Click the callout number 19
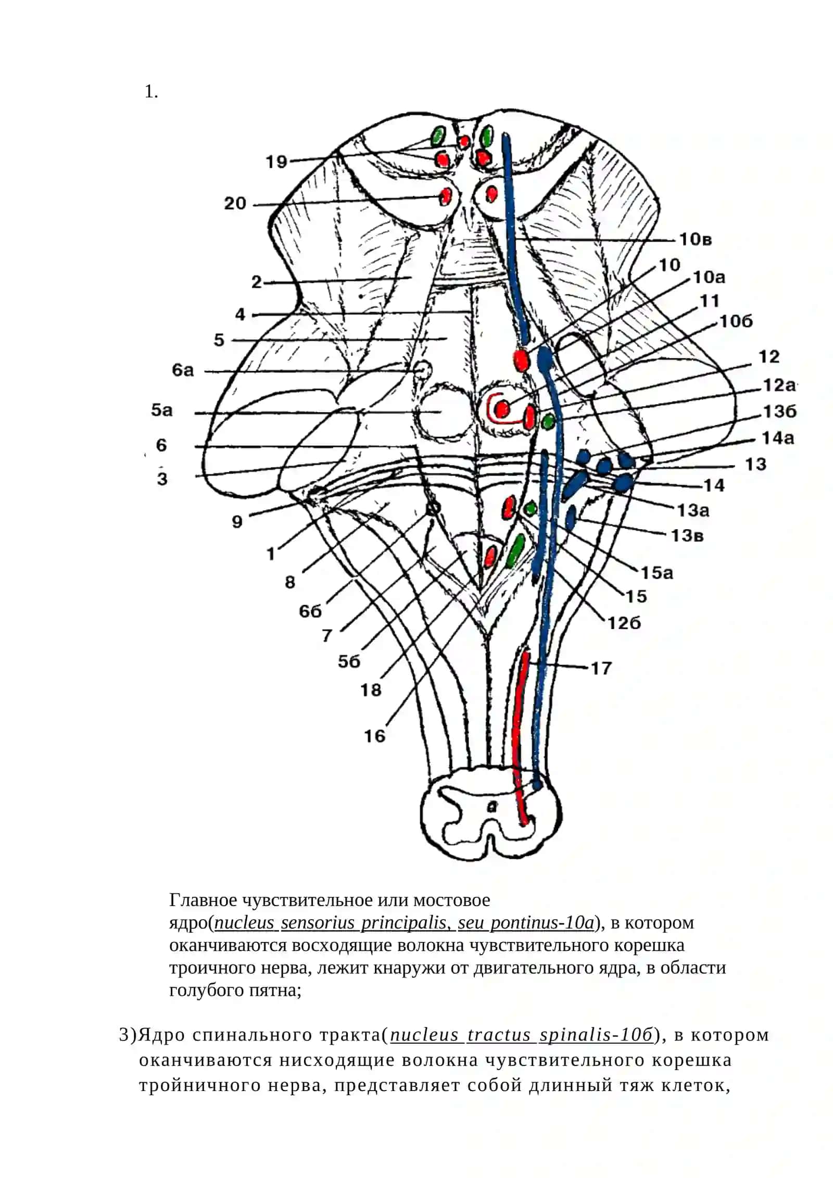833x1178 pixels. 276,161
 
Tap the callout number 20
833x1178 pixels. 235,203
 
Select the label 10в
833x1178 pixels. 696,240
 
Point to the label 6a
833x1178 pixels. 183,370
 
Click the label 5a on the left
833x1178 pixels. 162,410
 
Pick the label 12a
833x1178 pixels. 779,385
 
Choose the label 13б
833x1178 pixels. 780,412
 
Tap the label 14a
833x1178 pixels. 778,438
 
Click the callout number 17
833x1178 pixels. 601,668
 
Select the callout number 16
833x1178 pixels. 374,736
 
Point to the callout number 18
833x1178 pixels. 371,690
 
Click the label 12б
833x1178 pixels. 624,623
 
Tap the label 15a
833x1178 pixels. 657,573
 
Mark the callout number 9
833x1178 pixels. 237,521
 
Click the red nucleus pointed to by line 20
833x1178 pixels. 446,196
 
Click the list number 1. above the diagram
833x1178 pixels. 151,92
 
